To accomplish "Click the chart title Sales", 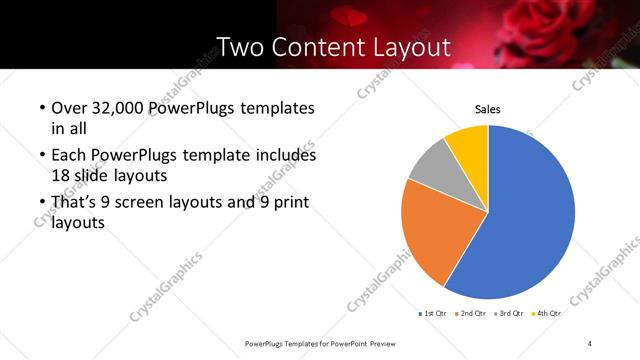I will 487,110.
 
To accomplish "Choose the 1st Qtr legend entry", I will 434,314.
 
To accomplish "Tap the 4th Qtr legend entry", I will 549,314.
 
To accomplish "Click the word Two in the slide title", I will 241,47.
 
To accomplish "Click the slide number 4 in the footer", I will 590,343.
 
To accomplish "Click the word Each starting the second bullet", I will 66,156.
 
